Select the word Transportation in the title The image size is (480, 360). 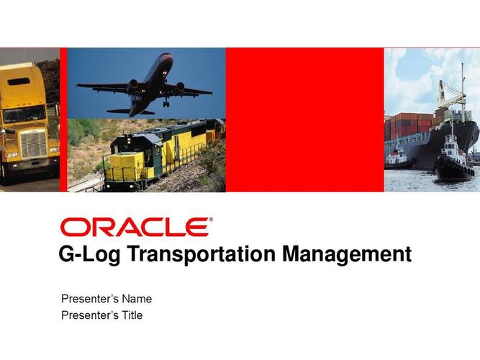(x=201, y=254)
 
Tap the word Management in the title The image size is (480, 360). (x=347, y=254)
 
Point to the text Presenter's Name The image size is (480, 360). (x=107, y=299)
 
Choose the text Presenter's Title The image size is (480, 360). (x=102, y=315)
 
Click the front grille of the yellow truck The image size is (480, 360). (x=34, y=145)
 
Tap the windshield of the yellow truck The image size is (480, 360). (x=24, y=114)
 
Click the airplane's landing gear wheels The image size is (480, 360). (x=166, y=104)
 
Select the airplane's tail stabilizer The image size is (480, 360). (x=131, y=112)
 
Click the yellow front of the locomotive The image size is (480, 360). (x=126, y=166)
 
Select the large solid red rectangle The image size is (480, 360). (x=305, y=120)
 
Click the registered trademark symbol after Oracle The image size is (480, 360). (x=211, y=220)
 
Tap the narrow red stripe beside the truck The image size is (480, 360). (x=63, y=120)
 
